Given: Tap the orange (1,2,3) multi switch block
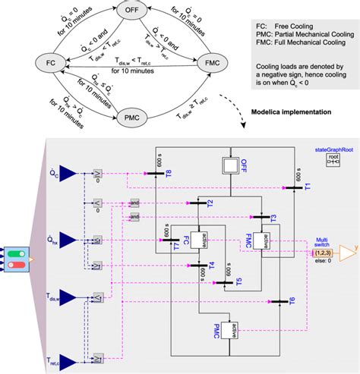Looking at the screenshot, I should [x=313, y=252].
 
